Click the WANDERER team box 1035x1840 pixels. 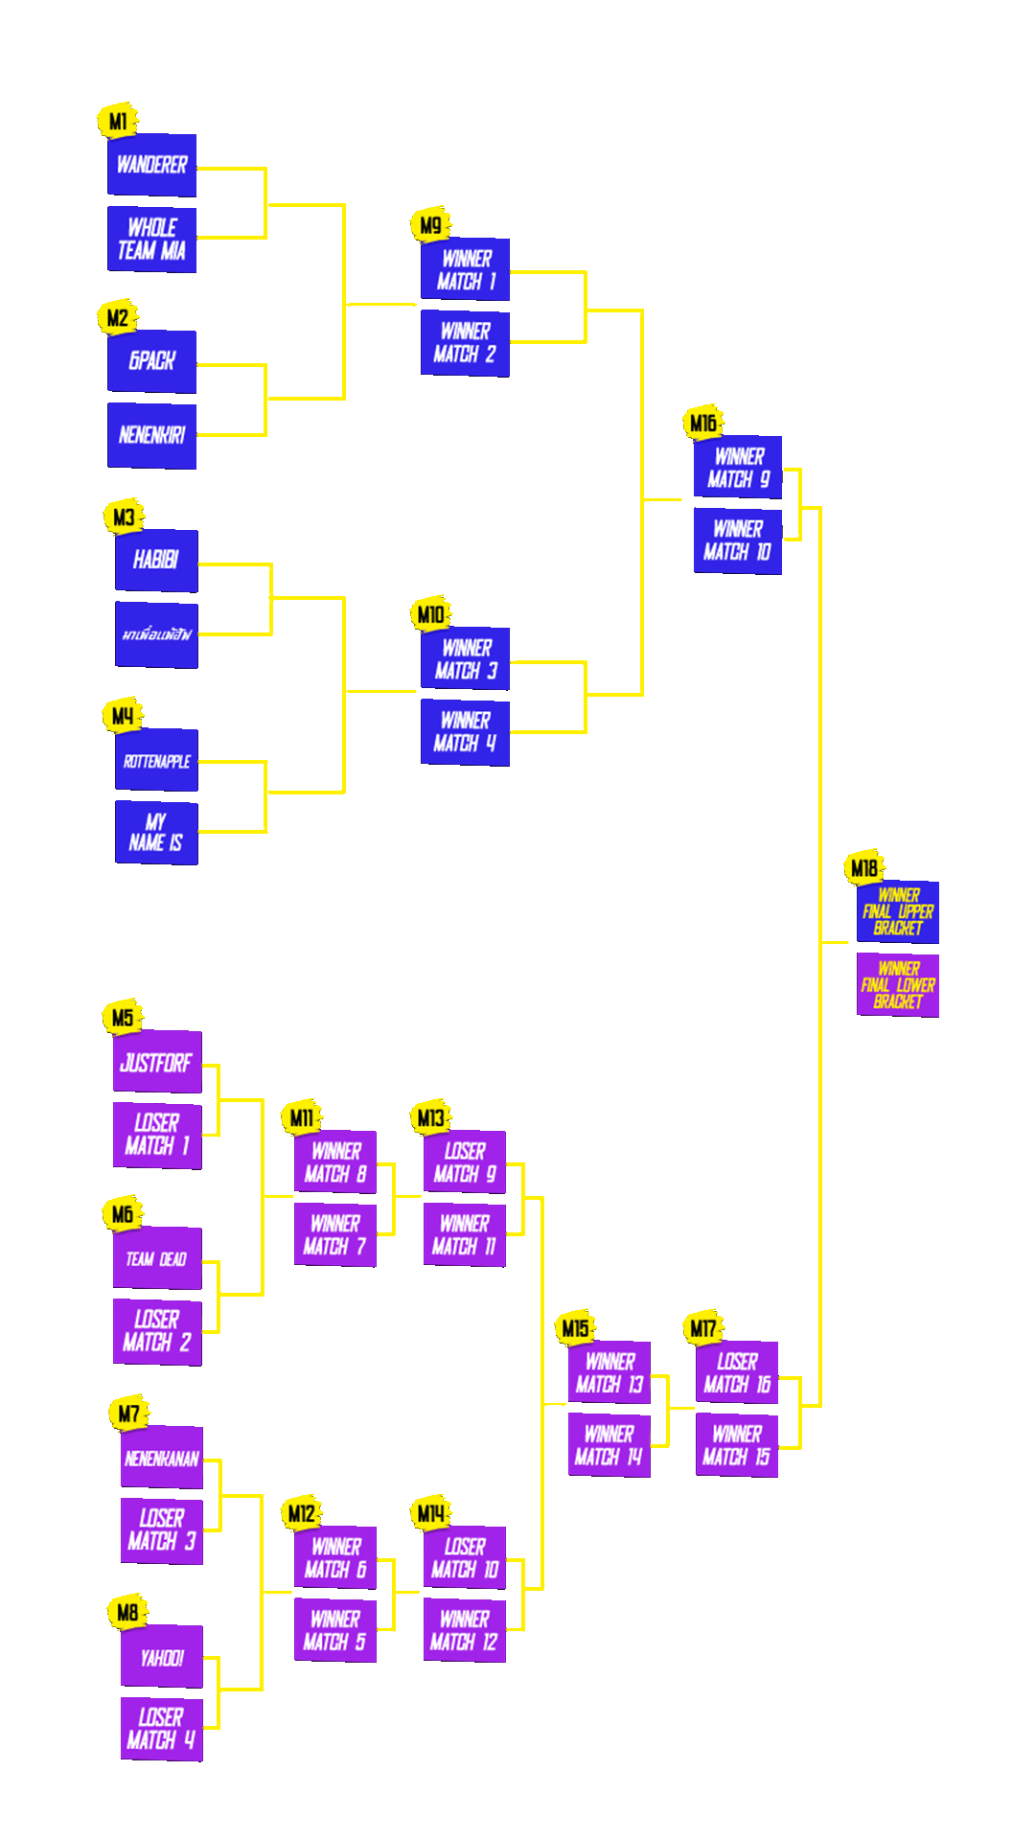coord(151,165)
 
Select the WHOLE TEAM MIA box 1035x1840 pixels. coord(151,240)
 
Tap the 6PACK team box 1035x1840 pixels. coord(151,361)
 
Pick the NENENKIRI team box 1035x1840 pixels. coord(151,436)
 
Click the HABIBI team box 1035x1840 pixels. coord(156,560)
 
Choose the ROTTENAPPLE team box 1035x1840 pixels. coord(156,761)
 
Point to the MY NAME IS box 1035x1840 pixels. coord(156,833)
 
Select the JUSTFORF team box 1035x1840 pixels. coord(157,1062)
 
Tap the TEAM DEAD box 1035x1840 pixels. coord(157,1258)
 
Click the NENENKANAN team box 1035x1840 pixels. coord(162,1458)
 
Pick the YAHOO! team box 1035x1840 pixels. coord(162,1657)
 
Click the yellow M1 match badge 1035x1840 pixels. coord(118,122)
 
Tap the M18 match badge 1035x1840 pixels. coord(864,868)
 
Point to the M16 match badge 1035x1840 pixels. coord(703,423)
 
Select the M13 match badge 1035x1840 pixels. coord(431,1117)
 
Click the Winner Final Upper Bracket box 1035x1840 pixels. coord(898,911)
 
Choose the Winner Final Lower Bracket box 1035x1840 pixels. coord(898,985)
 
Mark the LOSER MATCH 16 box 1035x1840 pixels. coord(737,1372)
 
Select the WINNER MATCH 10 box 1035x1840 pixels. coord(738,540)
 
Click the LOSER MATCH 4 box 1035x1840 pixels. coord(161,1729)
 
